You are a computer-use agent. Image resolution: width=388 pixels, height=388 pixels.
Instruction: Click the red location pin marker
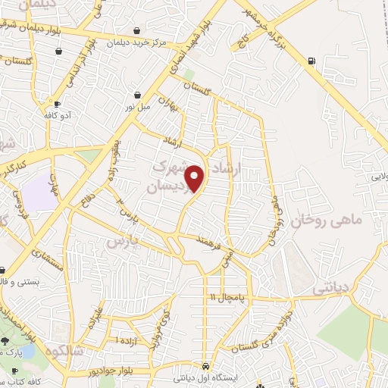(196, 179)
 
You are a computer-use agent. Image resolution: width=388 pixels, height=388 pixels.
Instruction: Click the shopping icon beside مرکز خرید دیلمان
(136, 31)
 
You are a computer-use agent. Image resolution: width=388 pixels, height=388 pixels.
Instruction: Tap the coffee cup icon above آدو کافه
(56, 104)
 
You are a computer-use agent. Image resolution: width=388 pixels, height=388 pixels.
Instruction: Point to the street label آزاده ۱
(127, 342)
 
